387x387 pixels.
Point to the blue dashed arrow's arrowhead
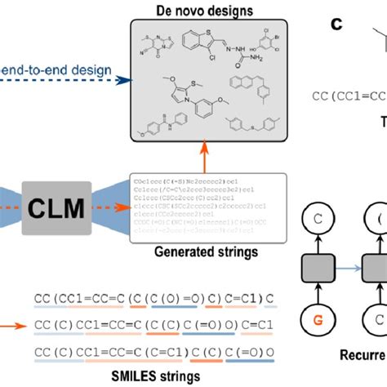pos(122,80)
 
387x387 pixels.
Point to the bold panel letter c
pos(336,24)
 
